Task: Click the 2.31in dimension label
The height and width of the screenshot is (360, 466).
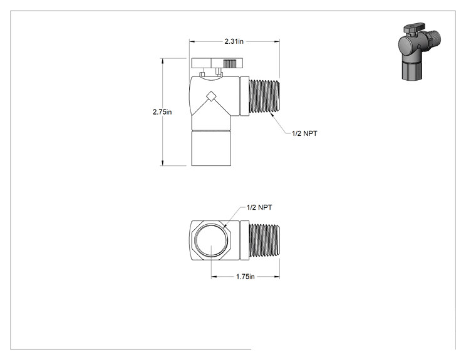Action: (234, 41)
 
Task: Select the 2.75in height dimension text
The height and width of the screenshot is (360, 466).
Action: (162, 112)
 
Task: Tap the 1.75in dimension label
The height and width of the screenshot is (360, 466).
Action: (245, 277)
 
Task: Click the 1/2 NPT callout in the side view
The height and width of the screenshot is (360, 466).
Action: (304, 133)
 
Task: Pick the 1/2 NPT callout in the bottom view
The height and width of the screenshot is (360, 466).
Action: (259, 207)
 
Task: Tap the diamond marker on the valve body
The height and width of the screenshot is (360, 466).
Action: (211, 96)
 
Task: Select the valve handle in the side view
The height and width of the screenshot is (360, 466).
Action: (217, 63)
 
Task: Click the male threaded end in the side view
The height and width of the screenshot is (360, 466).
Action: (264, 96)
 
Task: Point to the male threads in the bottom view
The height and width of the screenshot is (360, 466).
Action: (264, 240)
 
